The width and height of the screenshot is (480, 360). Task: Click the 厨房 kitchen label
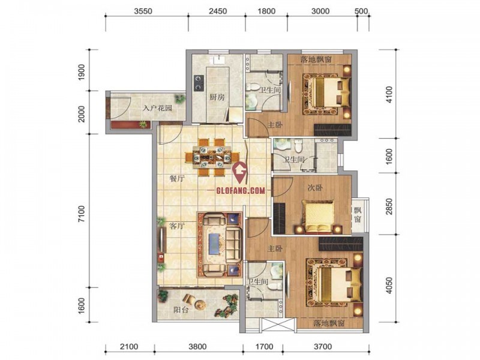pos(217,97)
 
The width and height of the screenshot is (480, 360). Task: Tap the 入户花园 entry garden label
pos(158,108)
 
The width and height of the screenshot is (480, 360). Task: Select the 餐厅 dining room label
pos(177,178)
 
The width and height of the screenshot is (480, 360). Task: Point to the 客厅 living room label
pos(177,226)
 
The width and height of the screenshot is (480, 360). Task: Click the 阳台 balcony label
pos(181,310)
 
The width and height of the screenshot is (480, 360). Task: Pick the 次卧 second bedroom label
pos(315,187)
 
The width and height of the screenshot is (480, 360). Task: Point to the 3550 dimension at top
pos(143,11)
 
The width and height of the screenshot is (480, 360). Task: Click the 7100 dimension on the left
pos(81,214)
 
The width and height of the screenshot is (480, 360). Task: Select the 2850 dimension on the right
pos(389,206)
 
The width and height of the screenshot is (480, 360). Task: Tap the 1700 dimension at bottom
pos(265,347)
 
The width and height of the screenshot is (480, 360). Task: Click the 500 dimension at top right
pos(361,11)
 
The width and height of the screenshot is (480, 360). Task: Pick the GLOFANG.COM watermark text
pos(241,190)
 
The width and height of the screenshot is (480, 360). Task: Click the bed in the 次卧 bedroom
pos(319,217)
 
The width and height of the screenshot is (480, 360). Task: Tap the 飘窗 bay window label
pos(357,215)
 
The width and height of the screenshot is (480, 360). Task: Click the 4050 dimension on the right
pos(389,286)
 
